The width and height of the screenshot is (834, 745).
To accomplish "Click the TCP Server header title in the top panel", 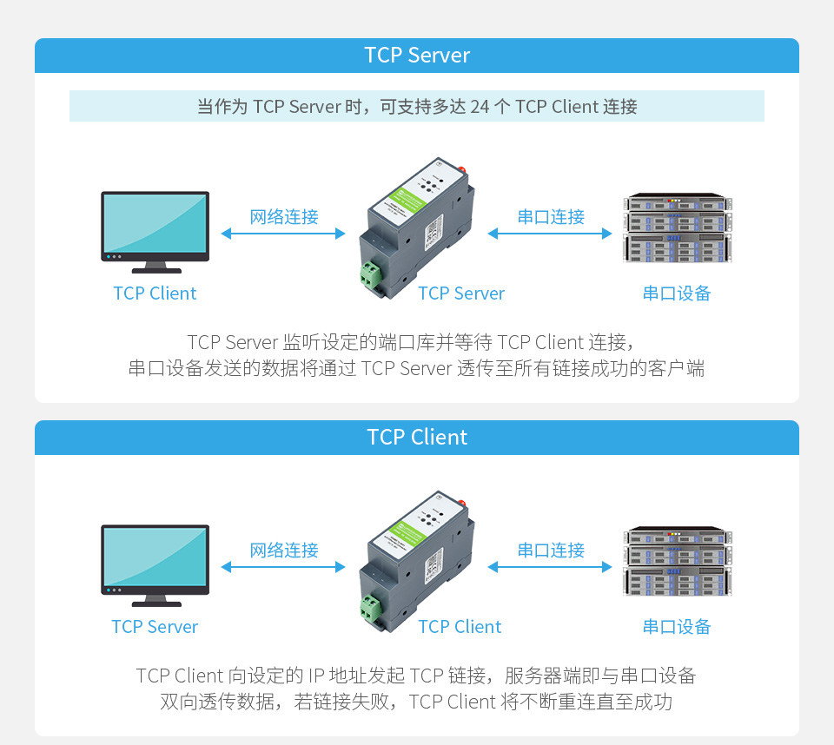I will (x=417, y=56).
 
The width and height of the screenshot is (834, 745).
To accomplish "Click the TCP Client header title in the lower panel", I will (x=417, y=438).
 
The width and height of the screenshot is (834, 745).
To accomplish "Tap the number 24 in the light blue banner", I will (x=480, y=107).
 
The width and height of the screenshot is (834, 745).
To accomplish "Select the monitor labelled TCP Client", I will (x=155, y=226).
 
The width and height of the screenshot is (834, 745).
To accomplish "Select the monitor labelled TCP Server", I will (x=155, y=559).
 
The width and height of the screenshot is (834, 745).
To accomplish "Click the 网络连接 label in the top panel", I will (x=284, y=217).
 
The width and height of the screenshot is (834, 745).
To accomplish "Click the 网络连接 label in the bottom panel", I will (x=284, y=551).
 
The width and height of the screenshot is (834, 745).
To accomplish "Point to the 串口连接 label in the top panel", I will (x=551, y=217).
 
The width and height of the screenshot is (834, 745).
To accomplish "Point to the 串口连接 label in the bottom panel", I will (x=551, y=551).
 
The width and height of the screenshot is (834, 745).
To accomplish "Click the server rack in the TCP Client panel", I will (x=677, y=562).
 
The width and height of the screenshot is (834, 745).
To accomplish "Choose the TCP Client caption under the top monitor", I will (x=155, y=293).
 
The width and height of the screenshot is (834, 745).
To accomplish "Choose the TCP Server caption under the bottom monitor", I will (x=155, y=627).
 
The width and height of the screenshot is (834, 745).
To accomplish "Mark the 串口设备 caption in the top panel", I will (x=677, y=293).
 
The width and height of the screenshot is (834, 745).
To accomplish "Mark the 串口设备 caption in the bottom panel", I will (x=677, y=627).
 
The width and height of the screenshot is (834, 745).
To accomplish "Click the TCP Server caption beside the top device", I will (x=460, y=293).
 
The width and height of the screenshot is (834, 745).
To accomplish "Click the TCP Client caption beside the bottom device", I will (x=460, y=627).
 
